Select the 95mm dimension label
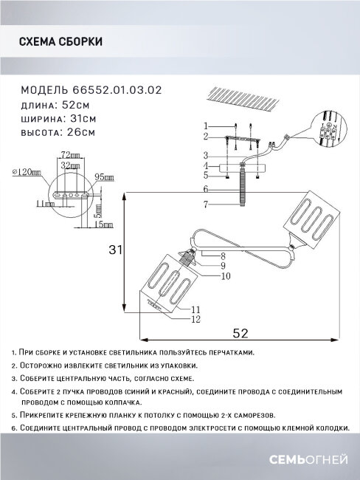104,177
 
